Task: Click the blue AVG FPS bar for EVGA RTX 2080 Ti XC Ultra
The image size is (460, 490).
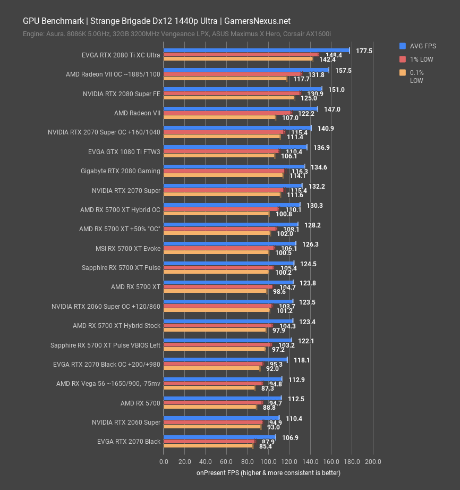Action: [x=256, y=50]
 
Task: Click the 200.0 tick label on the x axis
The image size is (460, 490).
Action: [x=373, y=462]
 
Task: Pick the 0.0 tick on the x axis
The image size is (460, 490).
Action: [x=164, y=462]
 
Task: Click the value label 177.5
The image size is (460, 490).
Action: [x=364, y=51]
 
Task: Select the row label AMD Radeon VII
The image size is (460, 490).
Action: [x=137, y=113]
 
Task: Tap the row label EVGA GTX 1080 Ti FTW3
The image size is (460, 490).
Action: [x=124, y=152]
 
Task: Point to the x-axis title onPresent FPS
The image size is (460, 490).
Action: [x=268, y=472]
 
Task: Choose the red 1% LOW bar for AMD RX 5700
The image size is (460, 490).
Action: [x=213, y=403]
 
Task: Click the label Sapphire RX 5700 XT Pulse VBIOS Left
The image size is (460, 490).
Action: [x=105, y=345]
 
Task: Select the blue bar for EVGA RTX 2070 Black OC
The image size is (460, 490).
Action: [x=225, y=360]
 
